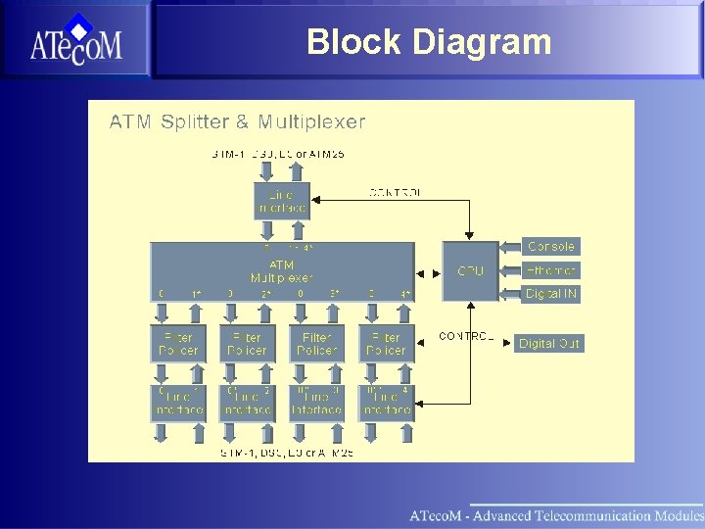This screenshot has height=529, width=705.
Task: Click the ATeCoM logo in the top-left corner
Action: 75,39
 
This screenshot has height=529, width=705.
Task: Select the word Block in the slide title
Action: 353,42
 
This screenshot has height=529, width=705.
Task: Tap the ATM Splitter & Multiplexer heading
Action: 237,122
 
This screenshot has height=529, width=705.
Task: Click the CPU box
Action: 470,270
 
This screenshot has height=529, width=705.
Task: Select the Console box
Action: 551,247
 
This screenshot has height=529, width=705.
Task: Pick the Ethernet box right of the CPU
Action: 551,270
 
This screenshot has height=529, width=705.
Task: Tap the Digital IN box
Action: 551,294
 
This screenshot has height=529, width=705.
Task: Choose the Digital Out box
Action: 549,344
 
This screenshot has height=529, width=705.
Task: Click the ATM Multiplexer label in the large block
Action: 281,271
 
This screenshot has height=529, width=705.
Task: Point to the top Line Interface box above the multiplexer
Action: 282,202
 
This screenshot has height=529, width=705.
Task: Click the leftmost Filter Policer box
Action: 178,344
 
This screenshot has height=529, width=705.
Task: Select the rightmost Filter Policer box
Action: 386,344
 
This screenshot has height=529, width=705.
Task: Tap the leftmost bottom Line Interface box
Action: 178,403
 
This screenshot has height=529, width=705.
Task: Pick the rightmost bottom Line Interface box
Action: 386,403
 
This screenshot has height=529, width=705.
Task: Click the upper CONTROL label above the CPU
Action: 396,193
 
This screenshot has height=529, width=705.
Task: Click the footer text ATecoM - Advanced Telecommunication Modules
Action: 556,515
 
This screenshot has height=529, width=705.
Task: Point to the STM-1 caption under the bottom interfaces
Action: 286,453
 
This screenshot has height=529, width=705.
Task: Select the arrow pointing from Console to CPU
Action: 511,247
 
